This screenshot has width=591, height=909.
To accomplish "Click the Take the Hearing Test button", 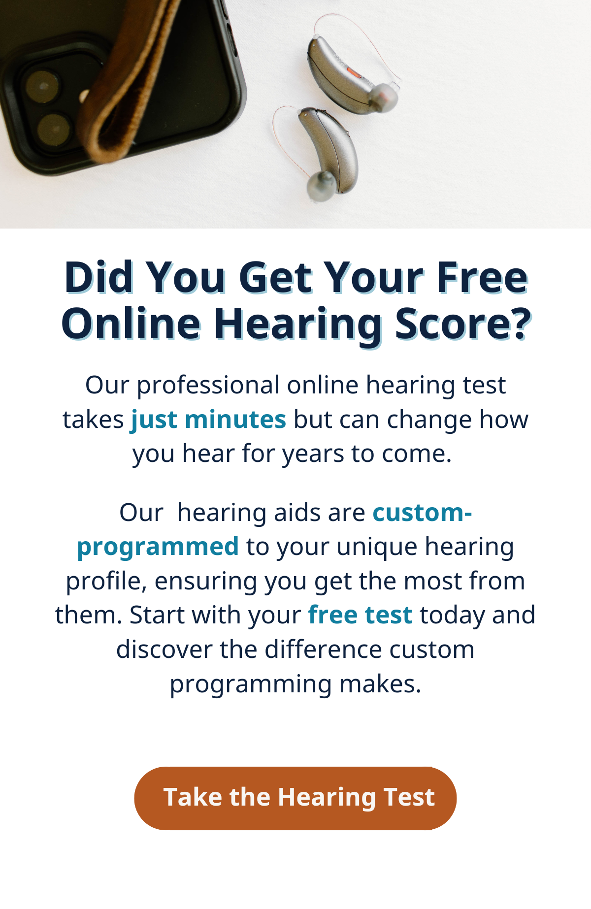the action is pos(295,798).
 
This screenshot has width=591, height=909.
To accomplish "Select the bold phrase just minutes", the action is pos(208,420).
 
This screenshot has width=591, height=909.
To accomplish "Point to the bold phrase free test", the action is pos(360,615).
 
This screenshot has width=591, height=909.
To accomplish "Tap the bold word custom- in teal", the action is pos(423,513).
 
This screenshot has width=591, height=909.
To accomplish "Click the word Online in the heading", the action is pos(131,324).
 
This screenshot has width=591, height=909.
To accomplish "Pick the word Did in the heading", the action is pos(99,277).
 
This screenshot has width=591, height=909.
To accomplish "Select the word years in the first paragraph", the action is pos(313,454).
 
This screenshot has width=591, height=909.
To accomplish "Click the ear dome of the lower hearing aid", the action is pos(321,186).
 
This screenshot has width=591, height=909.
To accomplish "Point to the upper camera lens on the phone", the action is pos(41,86).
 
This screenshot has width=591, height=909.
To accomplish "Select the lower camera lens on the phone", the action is pos(53,129).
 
